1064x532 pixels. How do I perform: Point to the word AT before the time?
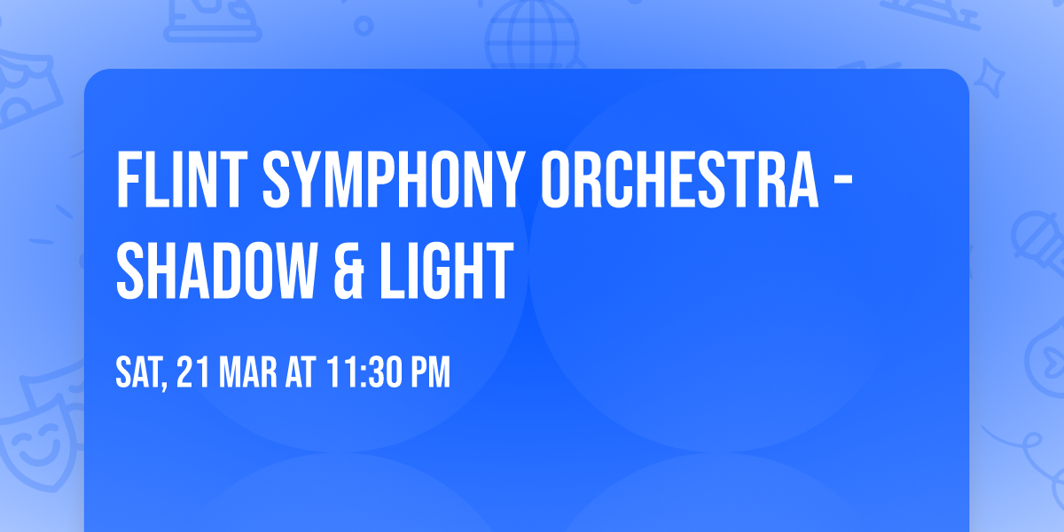point(300,373)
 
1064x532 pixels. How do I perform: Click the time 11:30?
point(364,373)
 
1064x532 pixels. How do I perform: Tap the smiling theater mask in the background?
point(35,434)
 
